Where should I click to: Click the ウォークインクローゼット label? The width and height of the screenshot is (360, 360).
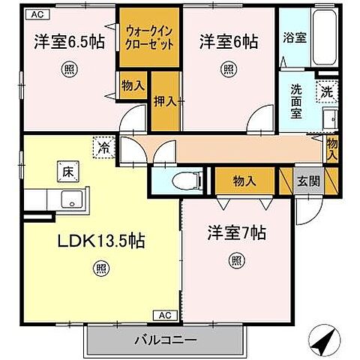pos(151,37)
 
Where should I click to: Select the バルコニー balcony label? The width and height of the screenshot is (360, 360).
pos(166,340)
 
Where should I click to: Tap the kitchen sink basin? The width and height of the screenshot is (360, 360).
pos(73,200)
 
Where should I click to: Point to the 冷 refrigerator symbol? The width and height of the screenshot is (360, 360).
pos(103,148)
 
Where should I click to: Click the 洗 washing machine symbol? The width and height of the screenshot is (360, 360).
pos(326,92)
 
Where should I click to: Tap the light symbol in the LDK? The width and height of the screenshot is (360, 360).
pos(100,267)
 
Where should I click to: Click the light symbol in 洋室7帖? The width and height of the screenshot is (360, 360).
pos(236,260)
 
